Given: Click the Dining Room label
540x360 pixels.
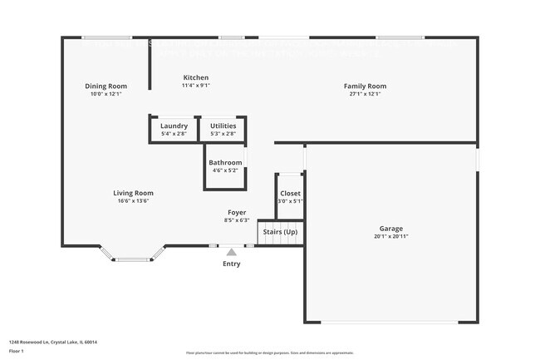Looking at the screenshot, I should click(106, 86).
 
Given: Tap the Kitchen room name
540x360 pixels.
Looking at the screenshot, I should click(196, 77).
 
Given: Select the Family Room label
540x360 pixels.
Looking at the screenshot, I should click(366, 86).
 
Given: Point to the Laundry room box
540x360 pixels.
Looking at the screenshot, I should click(174, 130).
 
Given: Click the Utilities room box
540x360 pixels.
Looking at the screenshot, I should click(223, 130).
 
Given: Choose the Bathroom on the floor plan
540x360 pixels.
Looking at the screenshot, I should click(225, 166).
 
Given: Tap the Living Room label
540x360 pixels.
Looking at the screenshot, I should click(133, 193).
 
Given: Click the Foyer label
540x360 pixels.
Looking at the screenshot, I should click(237, 213).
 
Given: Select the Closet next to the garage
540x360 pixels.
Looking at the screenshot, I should click(290, 197).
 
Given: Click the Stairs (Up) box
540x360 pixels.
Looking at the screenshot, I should click(280, 233).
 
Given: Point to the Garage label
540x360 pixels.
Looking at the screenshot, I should click(391, 229).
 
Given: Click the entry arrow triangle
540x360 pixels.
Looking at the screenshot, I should click(231, 251).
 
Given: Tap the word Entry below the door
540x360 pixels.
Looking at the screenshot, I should click(231, 264).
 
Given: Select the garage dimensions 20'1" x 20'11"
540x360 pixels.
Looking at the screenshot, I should click(391, 237).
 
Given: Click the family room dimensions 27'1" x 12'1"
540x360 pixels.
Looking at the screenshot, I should click(366, 94).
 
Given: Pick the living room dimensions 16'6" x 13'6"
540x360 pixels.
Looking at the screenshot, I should click(133, 201).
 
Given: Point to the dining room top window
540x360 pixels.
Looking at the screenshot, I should click(106, 37).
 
